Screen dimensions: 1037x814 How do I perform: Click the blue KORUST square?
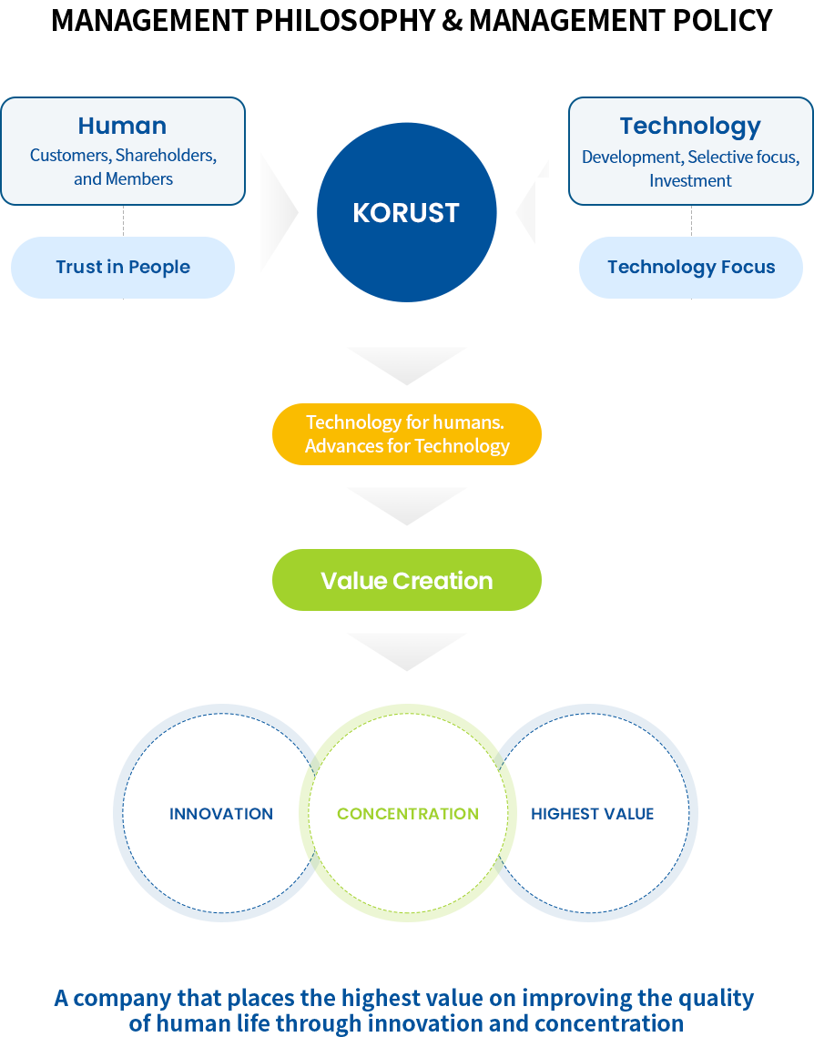click(x=406, y=211)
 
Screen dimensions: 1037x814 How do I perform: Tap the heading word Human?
click(x=122, y=126)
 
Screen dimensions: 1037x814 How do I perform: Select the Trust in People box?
click(x=123, y=267)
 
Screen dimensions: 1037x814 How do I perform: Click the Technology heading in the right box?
click(x=690, y=126)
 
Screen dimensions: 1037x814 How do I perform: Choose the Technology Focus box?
click(x=691, y=267)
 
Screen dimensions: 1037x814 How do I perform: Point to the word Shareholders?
click(x=165, y=155)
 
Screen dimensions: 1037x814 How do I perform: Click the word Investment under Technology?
click(x=690, y=180)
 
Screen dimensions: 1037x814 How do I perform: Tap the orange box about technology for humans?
click(x=406, y=433)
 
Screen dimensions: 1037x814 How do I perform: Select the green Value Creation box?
click(x=406, y=580)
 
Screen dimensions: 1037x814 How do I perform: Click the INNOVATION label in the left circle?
click(x=221, y=814)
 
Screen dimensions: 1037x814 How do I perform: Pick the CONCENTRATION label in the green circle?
click(x=408, y=814)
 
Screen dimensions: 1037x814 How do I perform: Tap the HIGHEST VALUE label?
click(x=592, y=814)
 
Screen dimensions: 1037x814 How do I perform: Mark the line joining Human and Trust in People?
click(x=123, y=220)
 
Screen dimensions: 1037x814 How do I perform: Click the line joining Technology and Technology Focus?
click(x=691, y=220)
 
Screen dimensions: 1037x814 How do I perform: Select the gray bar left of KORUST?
click(x=279, y=211)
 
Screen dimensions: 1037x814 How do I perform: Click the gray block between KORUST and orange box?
click(x=406, y=366)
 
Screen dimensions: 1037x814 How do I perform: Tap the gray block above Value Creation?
click(x=406, y=506)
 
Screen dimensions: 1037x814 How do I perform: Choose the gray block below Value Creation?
click(x=406, y=652)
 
